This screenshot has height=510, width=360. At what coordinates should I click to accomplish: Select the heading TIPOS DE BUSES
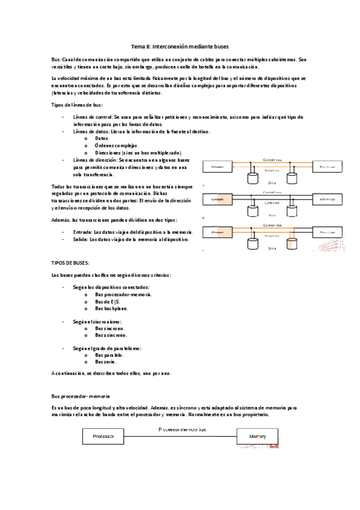71,263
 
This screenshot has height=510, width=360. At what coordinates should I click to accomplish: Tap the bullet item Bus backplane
111,308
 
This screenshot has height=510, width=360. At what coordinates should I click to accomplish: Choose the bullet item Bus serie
105,361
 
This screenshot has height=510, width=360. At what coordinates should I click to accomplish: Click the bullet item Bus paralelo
108,355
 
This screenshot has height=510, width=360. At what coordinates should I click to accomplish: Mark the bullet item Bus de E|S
107,301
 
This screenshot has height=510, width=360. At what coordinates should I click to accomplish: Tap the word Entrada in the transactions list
82,232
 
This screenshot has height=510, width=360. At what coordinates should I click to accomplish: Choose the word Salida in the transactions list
81,239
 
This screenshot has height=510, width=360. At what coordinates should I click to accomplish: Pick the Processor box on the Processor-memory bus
103,436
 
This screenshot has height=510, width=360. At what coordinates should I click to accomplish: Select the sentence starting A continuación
112,373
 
